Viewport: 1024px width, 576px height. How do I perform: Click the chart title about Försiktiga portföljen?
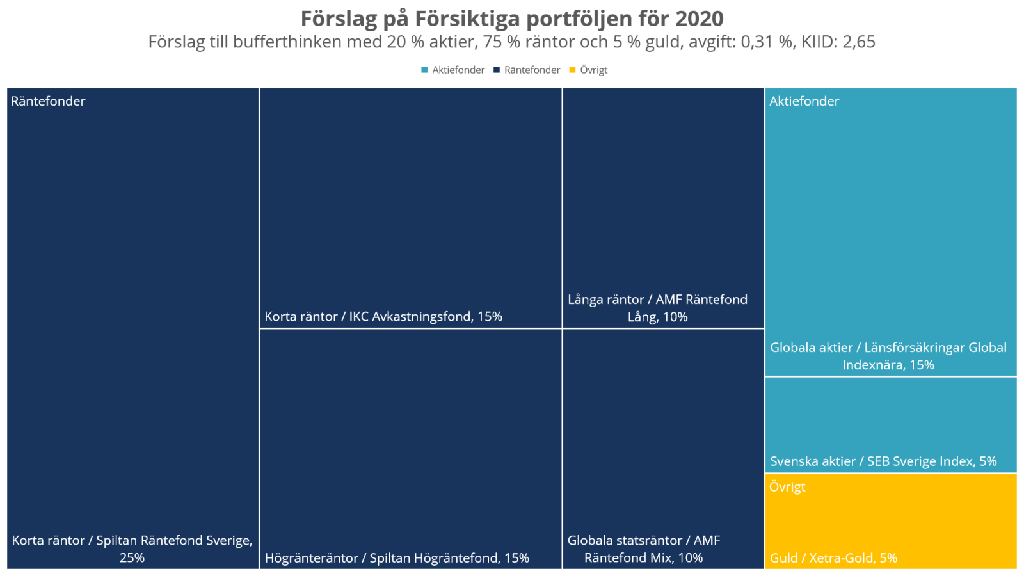(512, 19)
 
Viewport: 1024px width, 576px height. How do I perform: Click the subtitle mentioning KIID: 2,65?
(512, 42)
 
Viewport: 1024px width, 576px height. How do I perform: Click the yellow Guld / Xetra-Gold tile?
(891, 522)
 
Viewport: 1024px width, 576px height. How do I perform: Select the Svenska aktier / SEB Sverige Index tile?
(891, 424)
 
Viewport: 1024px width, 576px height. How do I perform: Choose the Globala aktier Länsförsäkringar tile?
(891, 232)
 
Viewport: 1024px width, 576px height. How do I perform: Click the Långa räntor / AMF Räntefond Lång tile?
(663, 208)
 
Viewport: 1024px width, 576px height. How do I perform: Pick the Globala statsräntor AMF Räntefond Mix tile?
(663, 448)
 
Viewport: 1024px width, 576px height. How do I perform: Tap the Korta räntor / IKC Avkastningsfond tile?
(410, 208)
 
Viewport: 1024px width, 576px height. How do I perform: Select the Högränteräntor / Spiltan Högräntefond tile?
(410, 448)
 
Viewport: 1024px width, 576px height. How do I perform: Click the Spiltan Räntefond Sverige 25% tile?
(132, 328)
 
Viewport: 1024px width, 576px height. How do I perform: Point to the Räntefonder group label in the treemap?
(48, 101)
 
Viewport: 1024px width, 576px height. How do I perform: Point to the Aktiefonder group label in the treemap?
(804, 101)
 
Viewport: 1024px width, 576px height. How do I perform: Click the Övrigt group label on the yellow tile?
(787, 487)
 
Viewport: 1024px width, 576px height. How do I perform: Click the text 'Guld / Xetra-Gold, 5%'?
(833, 558)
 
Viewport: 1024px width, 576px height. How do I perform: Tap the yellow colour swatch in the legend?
(573, 70)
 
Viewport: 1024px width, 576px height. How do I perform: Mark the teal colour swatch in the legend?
(424, 70)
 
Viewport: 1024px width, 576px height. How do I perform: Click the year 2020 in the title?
(699, 19)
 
